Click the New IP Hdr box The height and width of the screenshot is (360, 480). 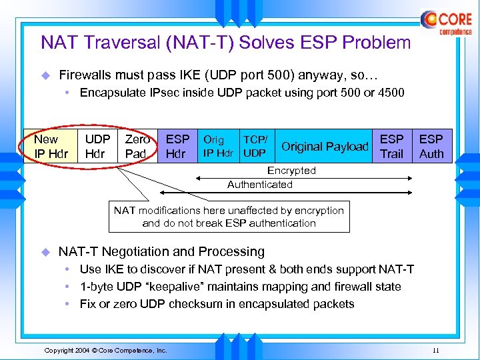(x=51, y=147)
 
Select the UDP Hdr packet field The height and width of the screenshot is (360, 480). (x=97, y=147)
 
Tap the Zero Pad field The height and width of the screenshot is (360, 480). (x=137, y=147)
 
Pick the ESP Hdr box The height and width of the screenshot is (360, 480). (x=177, y=147)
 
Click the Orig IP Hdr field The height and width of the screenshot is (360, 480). (x=218, y=147)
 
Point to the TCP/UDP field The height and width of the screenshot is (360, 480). (x=255, y=147)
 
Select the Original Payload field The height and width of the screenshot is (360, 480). (x=325, y=147)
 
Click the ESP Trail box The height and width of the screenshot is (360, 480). (x=391, y=147)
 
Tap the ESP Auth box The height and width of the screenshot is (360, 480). (x=431, y=147)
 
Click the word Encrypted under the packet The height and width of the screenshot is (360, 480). (x=291, y=171)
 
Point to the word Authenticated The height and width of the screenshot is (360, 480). (x=260, y=185)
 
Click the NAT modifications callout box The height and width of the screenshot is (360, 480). (x=229, y=217)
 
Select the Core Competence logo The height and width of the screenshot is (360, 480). (x=446, y=22)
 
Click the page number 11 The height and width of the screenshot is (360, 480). (x=435, y=350)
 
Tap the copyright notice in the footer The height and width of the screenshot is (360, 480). (x=105, y=350)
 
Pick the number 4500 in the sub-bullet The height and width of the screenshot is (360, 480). (x=390, y=93)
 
